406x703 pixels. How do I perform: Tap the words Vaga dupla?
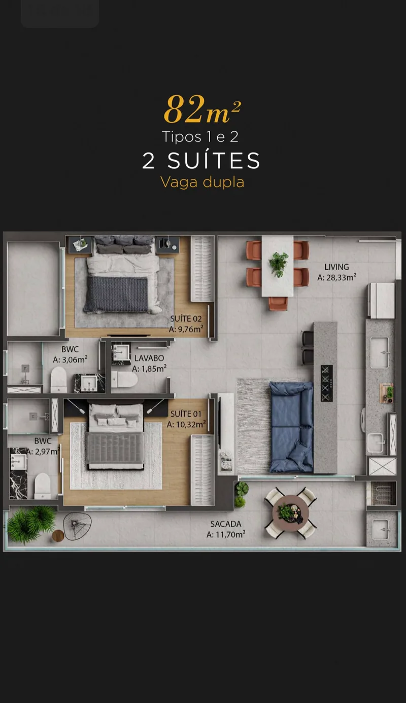[202, 182]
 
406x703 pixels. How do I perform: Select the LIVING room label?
[336, 267]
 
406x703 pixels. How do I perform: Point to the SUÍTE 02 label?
[186, 318]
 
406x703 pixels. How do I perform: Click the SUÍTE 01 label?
[186, 414]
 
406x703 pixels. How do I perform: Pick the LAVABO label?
[149, 358]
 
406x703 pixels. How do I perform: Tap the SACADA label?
[226, 524]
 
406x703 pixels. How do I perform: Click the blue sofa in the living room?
[291, 427]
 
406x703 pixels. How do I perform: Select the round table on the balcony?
[291, 513]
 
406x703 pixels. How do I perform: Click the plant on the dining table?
[279, 264]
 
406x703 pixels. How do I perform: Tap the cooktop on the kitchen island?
[326, 383]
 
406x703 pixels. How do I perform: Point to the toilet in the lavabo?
[124, 380]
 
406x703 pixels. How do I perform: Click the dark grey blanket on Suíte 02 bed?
[117, 294]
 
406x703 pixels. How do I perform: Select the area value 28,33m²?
[336, 277]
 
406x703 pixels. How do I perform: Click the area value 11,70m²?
[226, 534]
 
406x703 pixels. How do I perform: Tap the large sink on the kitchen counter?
[380, 352]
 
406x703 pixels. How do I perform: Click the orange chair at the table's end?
[278, 303]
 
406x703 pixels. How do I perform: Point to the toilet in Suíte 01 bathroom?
[43, 486]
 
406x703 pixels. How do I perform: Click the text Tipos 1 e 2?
[200, 137]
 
